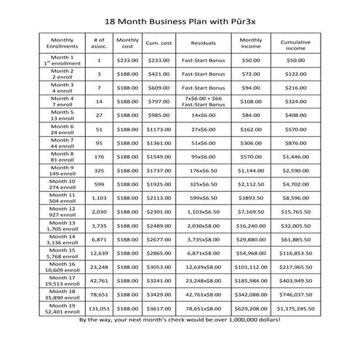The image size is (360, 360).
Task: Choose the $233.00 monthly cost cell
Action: pyautogui.click(x=127, y=60)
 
